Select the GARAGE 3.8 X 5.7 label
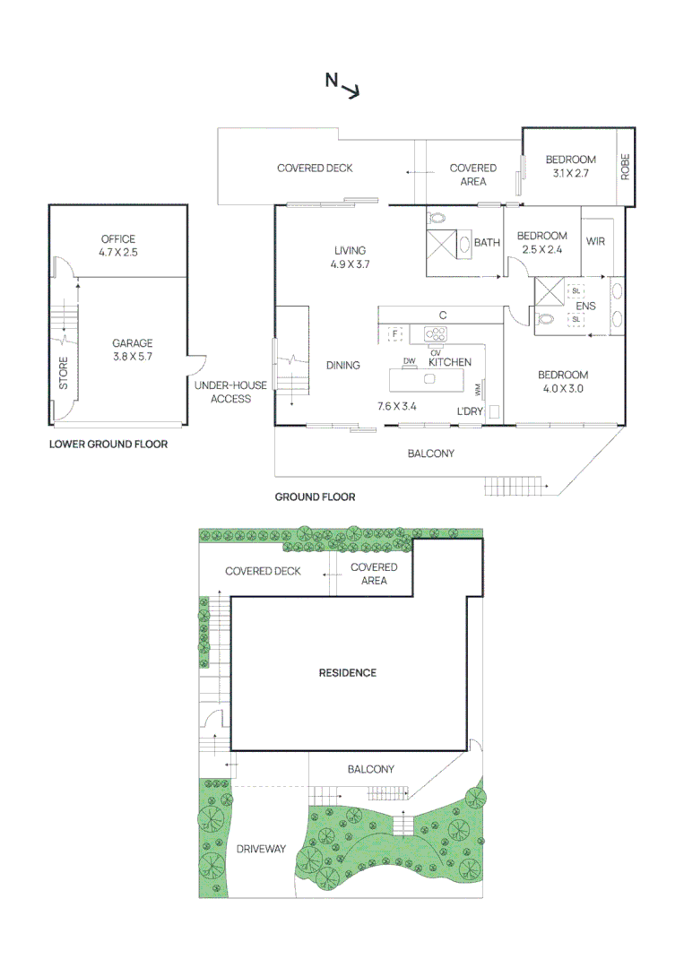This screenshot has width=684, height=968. [x=133, y=350]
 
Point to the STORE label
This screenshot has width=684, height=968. [x=64, y=374]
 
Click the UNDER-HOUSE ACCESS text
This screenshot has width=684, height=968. [x=230, y=392]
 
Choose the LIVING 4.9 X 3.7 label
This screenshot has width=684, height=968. [x=351, y=257]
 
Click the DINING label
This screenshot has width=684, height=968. [x=342, y=365]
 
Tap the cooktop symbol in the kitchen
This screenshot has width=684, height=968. [x=436, y=334]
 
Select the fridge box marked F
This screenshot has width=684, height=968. [x=394, y=334]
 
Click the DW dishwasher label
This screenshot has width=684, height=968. [x=410, y=361]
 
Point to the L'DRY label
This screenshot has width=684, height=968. [x=471, y=411]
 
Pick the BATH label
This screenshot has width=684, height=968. [x=487, y=242]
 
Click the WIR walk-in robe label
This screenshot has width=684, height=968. [x=597, y=242]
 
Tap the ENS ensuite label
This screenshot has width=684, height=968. [x=585, y=305]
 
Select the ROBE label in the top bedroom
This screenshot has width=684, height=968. [x=626, y=167]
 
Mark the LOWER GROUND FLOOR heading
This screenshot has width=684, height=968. [x=108, y=444]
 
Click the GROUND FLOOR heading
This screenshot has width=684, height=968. [x=315, y=497]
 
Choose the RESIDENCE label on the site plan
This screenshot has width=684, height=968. [x=348, y=672]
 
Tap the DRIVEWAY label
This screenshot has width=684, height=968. [x=261, y=849]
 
